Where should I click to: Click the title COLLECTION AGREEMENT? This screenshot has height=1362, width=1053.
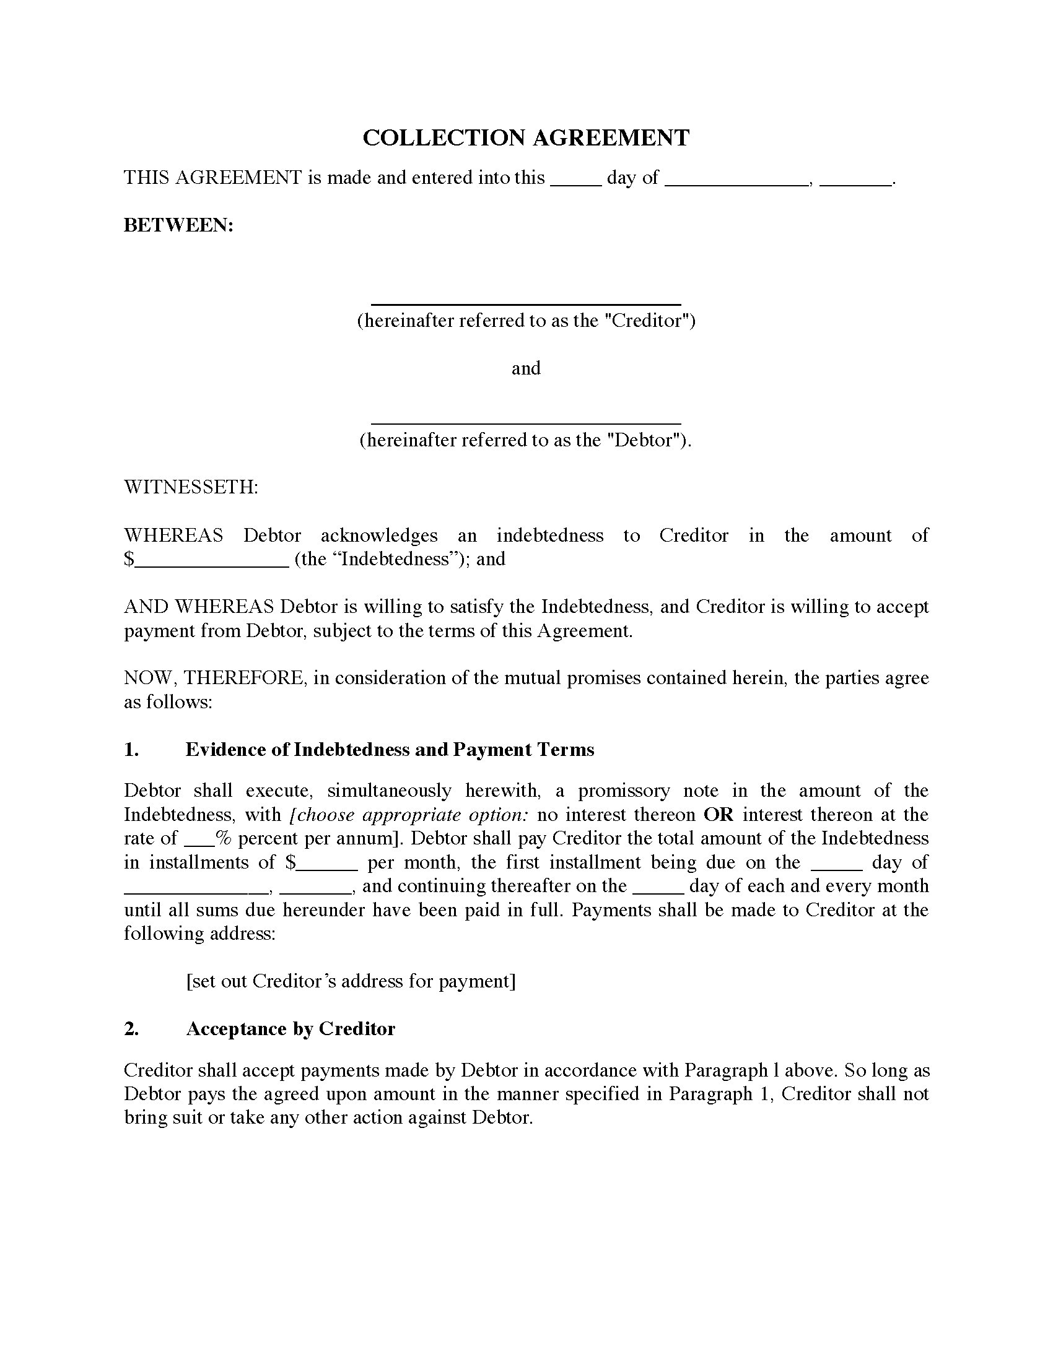pos(526,138)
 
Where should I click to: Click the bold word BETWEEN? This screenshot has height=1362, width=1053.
pos(178,225)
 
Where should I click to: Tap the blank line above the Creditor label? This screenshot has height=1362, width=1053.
pos(526,303)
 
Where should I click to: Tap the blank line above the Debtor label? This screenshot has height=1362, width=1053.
pos(526,423)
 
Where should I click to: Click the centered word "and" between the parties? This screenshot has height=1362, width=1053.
pos(526,368)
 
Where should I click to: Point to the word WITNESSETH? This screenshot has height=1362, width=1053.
pos(191,487)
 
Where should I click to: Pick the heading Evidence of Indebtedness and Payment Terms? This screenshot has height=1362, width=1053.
pos(390,750)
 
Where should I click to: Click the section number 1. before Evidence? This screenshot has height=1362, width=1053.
pos(131,750)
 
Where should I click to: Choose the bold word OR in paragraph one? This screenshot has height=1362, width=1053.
pos(718,815)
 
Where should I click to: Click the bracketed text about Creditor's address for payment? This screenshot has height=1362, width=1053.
pos(351,982)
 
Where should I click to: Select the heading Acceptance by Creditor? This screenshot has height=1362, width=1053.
pos(291,1029)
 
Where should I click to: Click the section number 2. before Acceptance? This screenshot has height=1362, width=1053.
pos(131,1029)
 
